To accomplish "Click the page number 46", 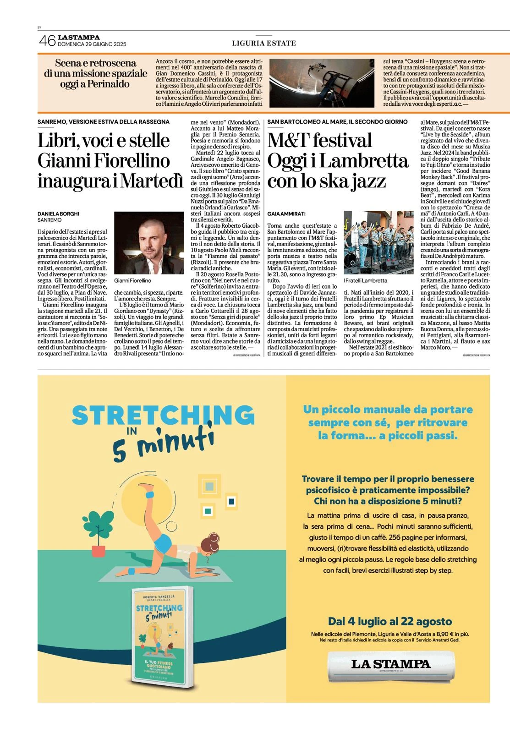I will (47, 41).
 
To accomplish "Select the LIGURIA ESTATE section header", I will (263, 43).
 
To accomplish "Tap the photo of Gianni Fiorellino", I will (148, 243).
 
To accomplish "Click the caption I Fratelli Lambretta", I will (365, 280).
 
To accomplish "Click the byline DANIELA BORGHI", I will (58, 213).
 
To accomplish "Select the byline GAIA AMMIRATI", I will (286, 213).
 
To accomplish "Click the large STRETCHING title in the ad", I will (163, 415).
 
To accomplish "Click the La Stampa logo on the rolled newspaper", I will (390, 664).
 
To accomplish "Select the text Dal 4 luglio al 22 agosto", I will (390, 621).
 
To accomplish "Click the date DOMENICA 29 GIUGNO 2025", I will (92, 44).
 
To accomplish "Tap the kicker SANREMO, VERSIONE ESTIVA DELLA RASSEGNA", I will (104, 122).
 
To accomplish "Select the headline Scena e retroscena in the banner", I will (95, 63).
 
